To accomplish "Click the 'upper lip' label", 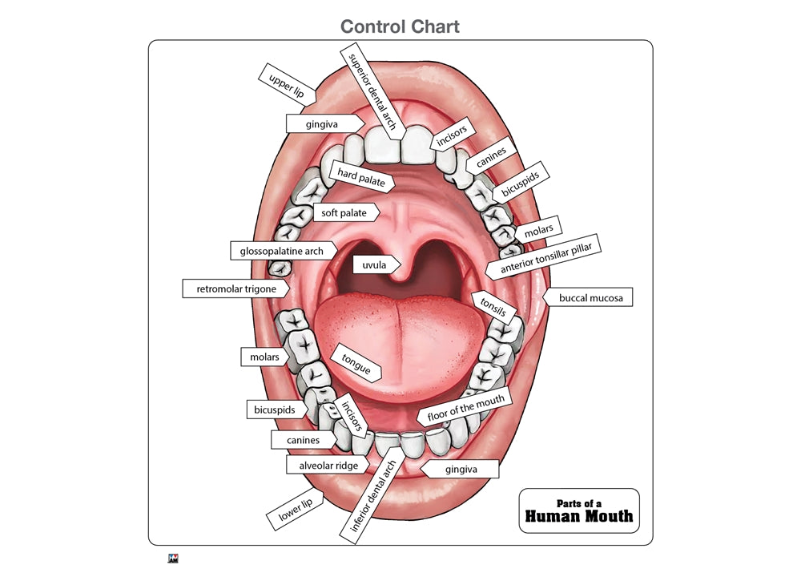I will (x=286, y=84).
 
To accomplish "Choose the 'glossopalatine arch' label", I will (x=281, y=251).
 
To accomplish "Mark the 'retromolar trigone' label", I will (x=236, y=288).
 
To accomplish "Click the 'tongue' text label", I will (x=356, y=363).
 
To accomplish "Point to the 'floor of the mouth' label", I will (x=465, y=410).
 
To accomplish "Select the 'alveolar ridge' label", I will (x=328, y=465).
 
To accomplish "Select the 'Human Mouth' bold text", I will (x=578, y=516).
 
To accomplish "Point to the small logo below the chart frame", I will (x=172, y=559).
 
